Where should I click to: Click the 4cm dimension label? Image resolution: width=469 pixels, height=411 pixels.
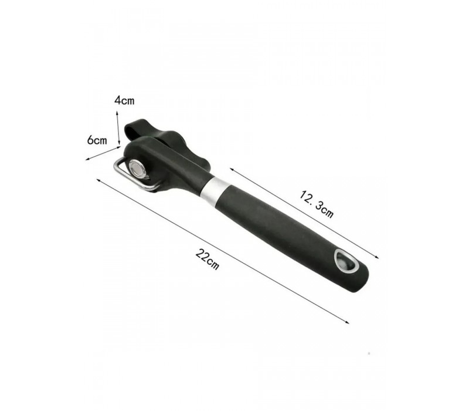click(124, 100)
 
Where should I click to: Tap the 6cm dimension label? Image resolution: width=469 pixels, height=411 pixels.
click(97, 140)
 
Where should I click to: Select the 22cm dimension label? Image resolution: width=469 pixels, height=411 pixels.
click(208, 259)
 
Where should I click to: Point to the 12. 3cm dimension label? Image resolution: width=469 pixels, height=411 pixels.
click(317, 204)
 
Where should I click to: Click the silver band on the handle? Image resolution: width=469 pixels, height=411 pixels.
click(212, 192)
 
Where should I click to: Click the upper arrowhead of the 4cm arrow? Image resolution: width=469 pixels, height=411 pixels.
click(117, 113)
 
